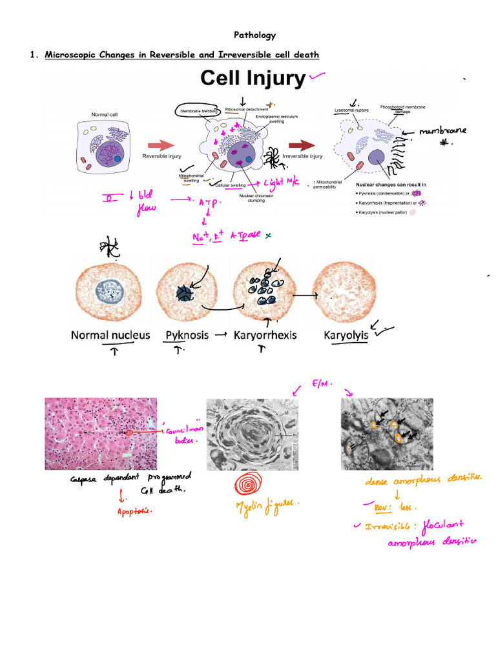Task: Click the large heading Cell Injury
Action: (253, 78)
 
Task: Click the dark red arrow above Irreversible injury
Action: (304, 145)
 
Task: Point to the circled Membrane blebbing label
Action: (198, 111)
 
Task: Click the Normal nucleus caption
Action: (110, 335)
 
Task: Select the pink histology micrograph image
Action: (101, 432)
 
